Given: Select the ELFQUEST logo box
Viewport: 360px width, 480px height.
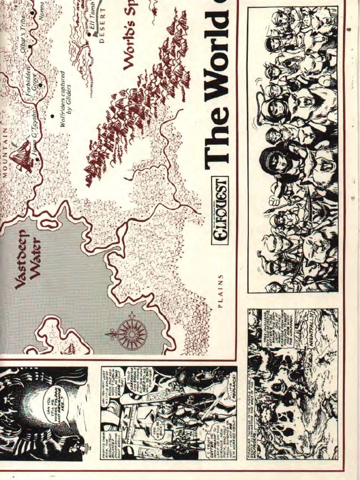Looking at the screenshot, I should coord(219,211).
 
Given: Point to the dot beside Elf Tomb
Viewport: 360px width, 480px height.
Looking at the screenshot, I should coord(89,34).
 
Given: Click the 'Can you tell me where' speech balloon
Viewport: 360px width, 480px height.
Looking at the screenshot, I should coord(54,405).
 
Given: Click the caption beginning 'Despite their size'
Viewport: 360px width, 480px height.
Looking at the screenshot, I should coord(112,438).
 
